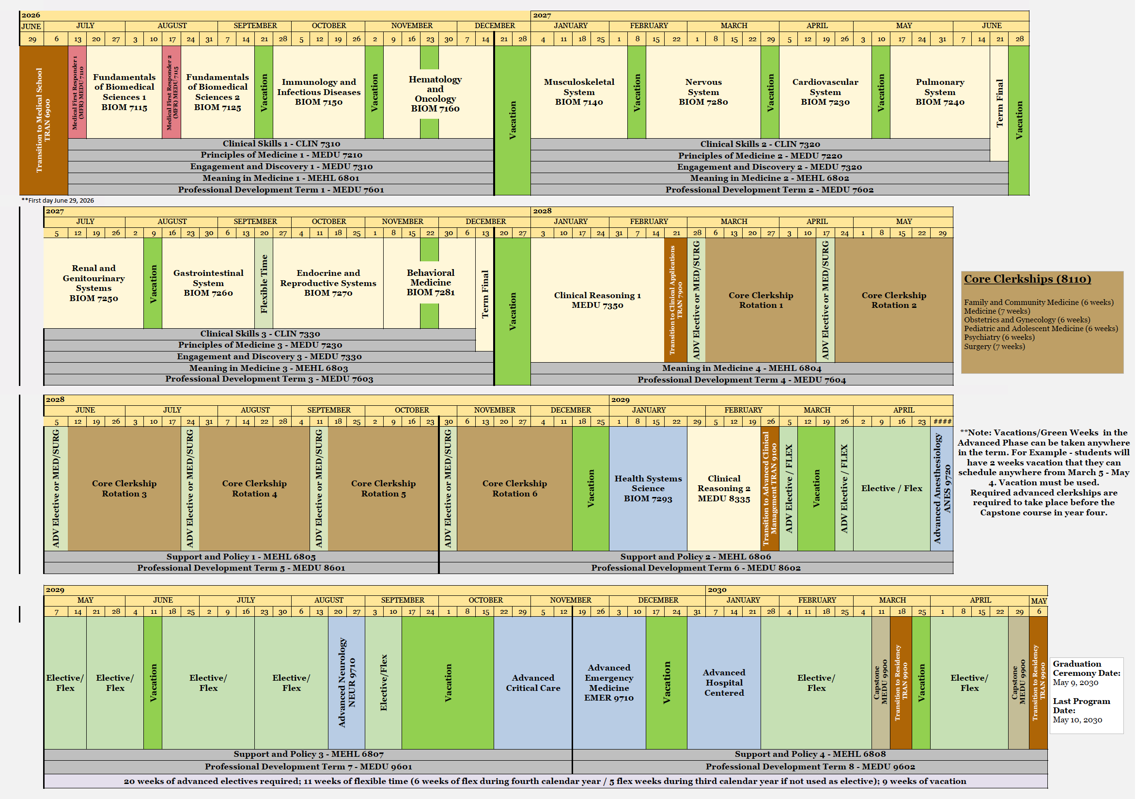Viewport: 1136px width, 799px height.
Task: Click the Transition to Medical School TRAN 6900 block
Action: pos(43,120)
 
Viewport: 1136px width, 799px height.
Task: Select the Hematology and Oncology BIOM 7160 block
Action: pos(435,94)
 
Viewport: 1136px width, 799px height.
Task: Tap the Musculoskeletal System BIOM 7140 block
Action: pos(578,92)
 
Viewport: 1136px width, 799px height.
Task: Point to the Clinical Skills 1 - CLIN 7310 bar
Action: pos(281,144)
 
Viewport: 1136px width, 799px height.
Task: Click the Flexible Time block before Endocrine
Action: pos(264,284)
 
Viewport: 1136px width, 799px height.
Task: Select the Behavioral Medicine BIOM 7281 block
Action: pos(430,283)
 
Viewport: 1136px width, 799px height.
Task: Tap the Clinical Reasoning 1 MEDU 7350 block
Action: pos(597,300)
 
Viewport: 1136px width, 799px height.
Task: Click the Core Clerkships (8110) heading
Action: pos(1027,279)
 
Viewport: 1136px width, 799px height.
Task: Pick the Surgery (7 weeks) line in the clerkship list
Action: pos(994,347)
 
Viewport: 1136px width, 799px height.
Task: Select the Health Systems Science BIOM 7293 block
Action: pos(648,488)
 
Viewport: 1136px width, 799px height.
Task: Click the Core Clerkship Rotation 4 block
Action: pos(254,488)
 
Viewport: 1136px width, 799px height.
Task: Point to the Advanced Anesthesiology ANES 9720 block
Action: pos(942,488)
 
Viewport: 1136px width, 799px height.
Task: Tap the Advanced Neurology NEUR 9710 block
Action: pos(346,682)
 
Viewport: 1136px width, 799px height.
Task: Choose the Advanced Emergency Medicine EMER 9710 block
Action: pos(608,682)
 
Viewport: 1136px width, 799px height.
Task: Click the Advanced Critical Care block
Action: pos(532,682)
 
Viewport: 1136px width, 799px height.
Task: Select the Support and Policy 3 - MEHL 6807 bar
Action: pos(308,754)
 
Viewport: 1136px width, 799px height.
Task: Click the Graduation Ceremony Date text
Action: pos(1086,668)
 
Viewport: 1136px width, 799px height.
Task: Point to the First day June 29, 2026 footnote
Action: pos(58,201)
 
